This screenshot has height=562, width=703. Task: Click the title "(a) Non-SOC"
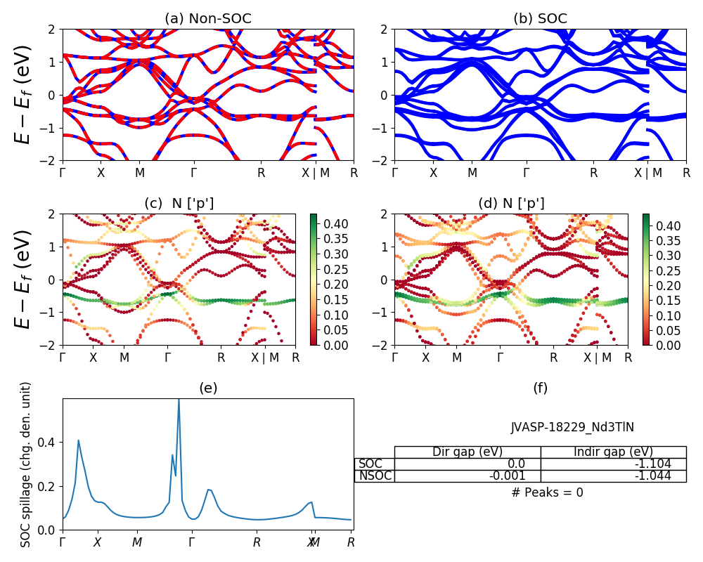pyautogui.click(x=207, y=19)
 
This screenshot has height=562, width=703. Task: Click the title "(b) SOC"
pyautogui.click(x=540, y=19)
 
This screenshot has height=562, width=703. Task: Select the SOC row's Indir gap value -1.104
pyautogui.click(x=652, y=464)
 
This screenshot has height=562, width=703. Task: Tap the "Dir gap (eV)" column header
pyautogui.click(x=467, y=452)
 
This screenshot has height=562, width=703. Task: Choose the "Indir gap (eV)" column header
pyautogui.click(x=613, y=452)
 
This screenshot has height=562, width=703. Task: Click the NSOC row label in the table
pyautogui.click(x=375, y=476)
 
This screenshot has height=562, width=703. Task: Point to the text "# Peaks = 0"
pyautogui.click(x=547, y=492)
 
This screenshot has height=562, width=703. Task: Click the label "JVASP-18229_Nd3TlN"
pyautogui.click(x=572, y=427)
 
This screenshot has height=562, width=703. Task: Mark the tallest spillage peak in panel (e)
pyautogui.click(x=179, y=400)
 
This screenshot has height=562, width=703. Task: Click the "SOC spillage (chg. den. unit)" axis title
pyautogui.click(x=26, y=464)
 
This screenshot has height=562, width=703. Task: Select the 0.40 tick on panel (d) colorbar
pyautogui.click(x=669, y=226)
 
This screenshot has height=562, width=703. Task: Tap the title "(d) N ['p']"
pyautogui.click(x=511, y=204)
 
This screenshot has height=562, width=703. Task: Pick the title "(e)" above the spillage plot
pyautogui.click(x=208, y=388)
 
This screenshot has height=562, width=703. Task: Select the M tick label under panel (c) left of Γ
pyautogui.click(x=124, y=357)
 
